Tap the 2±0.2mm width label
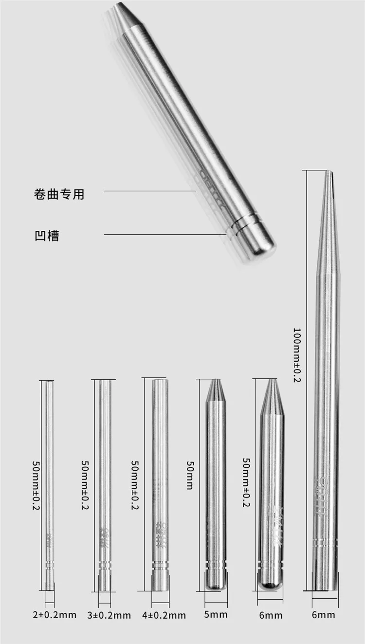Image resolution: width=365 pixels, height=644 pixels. coord(54,614)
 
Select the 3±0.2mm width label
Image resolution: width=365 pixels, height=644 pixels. coord(109,615)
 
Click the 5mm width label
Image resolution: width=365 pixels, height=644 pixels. coord(216,614)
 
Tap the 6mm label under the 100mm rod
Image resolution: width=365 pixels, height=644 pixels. coord(324,614)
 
